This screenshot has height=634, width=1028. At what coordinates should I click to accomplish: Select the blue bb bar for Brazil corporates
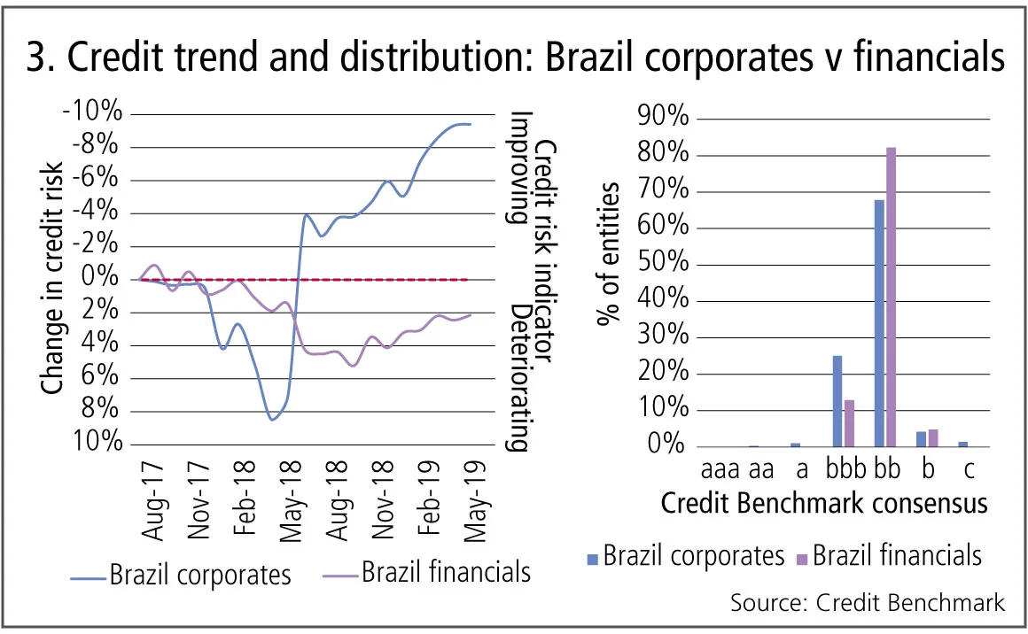click(x=879, y=323)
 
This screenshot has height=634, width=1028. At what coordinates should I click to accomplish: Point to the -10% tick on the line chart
click(x=92, y=113)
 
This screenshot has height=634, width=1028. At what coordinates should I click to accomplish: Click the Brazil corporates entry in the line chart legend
click(x=200, y=576)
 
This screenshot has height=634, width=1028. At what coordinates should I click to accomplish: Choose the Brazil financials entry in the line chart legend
click(x=446, y=572)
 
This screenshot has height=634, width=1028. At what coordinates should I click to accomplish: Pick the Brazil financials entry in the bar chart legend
click(x=897, y=555)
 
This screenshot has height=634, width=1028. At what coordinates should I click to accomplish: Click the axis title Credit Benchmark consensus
click(x=824, y=504)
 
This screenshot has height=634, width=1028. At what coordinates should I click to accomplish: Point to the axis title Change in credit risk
click(x=53, y=279)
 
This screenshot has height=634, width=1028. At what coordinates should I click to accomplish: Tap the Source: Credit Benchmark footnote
click(x=868, y=603)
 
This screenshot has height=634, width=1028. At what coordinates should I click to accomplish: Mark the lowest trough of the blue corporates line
click(x=272, y=419)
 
